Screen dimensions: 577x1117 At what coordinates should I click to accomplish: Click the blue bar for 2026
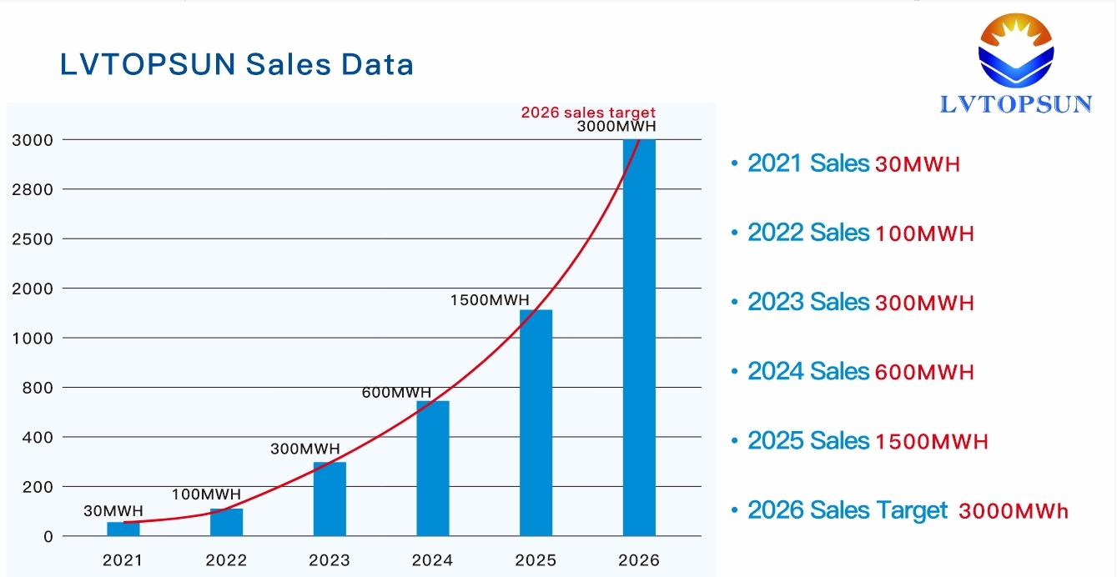[639, 338]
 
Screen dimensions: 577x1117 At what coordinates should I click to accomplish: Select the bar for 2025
[536, 422]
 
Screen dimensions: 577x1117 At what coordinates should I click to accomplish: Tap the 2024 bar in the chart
[433, 468]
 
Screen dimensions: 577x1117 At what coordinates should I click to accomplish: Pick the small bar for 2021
[123, 529]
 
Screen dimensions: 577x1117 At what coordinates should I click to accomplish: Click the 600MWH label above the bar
[396, 393]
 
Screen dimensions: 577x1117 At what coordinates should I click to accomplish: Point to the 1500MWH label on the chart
[489, 299]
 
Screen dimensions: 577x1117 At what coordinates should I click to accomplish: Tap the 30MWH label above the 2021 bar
[113, 511]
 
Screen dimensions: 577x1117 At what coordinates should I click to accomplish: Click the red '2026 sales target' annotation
[588, 113]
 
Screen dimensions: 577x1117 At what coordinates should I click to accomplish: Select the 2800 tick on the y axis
[33, 189]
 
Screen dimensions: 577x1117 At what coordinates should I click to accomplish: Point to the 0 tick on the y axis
[48, 536]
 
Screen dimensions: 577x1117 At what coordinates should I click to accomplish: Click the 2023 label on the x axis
[330, 560]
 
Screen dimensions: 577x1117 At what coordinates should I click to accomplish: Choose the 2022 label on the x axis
[226, 560]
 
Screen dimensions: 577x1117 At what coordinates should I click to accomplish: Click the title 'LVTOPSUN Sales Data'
[237, 64]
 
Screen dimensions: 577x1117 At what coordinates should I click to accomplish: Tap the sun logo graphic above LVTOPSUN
[1016, 50]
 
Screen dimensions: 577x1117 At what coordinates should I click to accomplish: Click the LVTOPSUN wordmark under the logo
[1016, 103]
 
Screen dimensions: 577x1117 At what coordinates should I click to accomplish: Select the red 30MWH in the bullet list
[918, 164]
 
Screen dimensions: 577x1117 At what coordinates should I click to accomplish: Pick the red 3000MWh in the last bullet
[1014, 511]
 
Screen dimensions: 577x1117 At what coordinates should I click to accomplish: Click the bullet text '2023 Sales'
[808, 302]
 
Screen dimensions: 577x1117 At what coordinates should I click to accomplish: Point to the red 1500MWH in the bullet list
[932, 441]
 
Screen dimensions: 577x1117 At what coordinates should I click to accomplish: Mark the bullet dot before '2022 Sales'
[734, 233]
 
